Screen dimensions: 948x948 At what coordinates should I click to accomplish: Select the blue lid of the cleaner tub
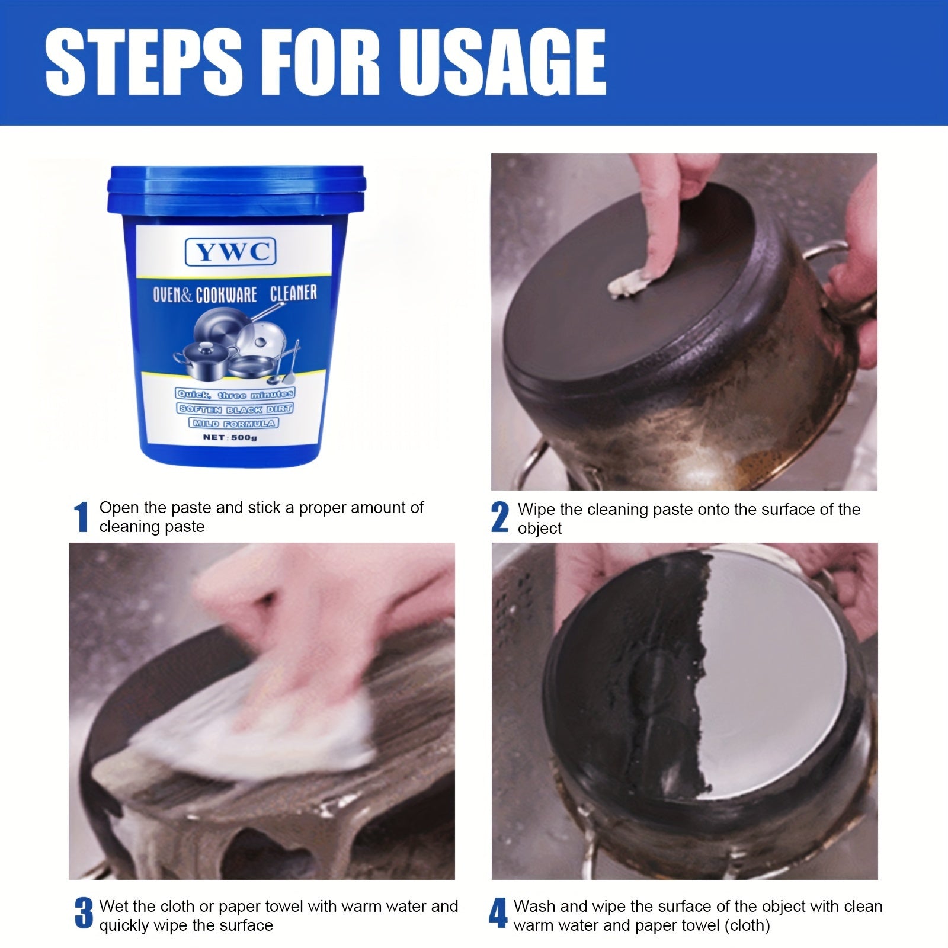tap(235, 188)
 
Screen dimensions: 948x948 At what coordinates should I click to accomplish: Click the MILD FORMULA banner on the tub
tap(233, 423)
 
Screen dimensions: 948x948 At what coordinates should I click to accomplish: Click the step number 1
tap(82, 517)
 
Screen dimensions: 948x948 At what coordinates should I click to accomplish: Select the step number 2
tap(500, 517)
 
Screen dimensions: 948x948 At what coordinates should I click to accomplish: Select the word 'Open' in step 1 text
tap(117, 508)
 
